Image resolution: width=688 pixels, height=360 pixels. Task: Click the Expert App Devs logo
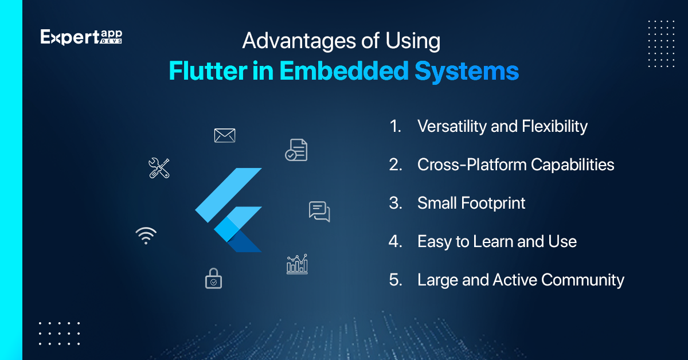click(81, 37)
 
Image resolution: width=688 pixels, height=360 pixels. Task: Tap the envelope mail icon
click(225, 135)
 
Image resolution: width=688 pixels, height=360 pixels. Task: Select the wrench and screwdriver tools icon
click(159, 168)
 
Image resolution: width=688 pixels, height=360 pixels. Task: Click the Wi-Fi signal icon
click(146, 236)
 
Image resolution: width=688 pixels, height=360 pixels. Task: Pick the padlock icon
click(213, 278)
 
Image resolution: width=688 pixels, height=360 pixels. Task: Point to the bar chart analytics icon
click(297, 264)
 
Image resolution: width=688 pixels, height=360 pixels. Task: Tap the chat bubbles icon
click(319, 212)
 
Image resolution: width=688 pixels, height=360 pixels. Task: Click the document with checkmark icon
click(296, 150)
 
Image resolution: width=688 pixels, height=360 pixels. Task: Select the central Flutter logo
click(229, 210)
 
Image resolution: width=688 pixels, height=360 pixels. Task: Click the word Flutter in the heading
click(208, 71)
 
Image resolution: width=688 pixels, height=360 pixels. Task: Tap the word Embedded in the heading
click(343, 71)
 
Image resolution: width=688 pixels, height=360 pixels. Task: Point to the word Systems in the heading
click(467, 72)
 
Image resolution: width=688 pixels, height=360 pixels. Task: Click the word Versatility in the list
click(452, 126)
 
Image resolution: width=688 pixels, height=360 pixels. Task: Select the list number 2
click(396, 165)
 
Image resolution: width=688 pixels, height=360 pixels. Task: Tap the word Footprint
click(493, 204)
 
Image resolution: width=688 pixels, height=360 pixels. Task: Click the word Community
click(583, 280)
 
